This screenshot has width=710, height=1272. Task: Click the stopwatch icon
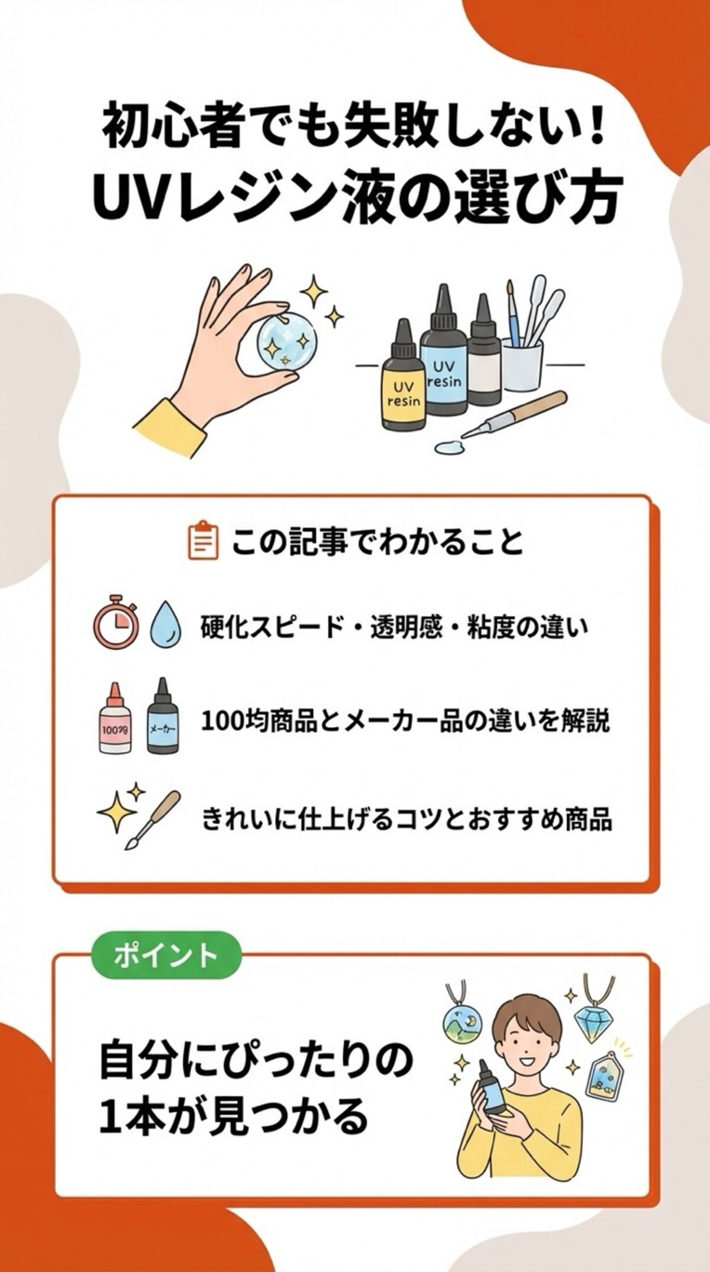point(117,625)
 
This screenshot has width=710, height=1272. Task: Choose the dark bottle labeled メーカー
point(162,718)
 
